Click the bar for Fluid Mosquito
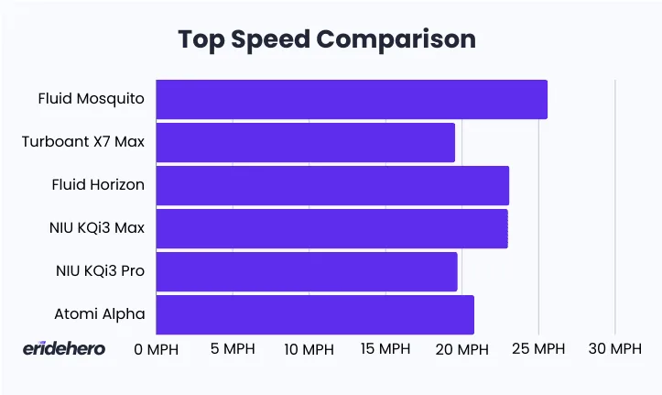(352, 99)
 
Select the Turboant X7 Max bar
(305, 142)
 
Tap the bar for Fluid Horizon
(332, 185)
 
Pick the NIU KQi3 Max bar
(331, 228)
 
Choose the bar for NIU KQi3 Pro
(306, 271)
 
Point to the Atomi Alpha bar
(315, 314)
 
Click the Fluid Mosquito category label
(91, 98)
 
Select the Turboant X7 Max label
(83, 141)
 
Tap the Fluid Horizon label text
(98, 184)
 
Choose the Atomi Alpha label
(100, 313)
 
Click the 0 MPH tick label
(156, 349)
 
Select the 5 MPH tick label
(233, 349)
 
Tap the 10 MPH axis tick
(309, 349)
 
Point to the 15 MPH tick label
(385, 349)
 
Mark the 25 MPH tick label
(538, 349)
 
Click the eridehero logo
(64, 348)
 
